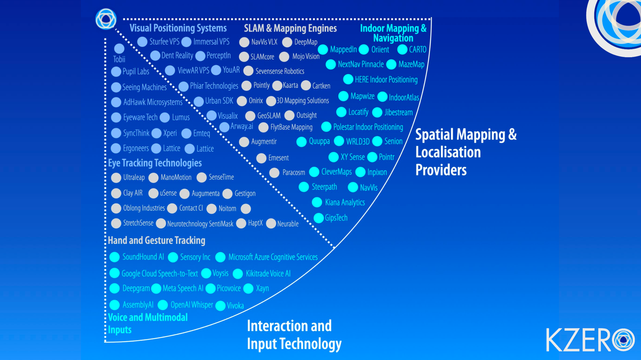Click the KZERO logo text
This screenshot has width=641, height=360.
578,340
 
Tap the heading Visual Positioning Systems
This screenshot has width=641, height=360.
178,28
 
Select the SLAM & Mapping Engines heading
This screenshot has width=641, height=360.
290,29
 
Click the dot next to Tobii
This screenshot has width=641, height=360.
119,49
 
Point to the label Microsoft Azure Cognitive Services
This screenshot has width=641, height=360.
273,257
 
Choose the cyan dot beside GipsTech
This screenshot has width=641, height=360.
318,218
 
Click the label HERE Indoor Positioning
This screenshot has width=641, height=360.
386,80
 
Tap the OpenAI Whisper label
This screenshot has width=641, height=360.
191,305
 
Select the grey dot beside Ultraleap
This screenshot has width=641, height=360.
116,178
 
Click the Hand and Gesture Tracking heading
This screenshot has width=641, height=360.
156,240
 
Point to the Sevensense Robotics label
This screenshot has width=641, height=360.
280,71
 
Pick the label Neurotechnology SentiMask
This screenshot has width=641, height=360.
200,224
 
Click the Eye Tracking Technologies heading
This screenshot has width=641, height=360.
155,163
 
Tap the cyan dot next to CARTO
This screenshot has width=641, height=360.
402,50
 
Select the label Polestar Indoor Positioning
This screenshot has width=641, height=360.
368,127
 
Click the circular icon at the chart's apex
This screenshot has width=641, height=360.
106,19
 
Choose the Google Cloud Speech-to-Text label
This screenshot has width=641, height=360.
159,274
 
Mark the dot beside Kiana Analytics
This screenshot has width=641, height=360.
317,203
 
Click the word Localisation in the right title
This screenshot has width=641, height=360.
447,152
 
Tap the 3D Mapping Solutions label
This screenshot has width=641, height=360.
302,101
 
